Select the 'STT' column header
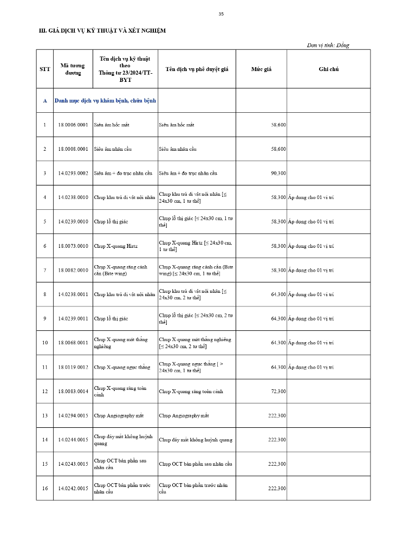(45, 69)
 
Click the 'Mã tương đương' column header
(73, 69)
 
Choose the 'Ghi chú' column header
(328, 69)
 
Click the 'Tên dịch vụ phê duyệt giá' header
(197, 69)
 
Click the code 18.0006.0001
(73, 125)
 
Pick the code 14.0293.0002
(73, 173)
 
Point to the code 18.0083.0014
(73, 391)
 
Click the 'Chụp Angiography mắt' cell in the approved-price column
(184, 415)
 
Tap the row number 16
(45, 488)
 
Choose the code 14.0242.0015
(73, 488)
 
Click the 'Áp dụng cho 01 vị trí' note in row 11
(311, 367)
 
